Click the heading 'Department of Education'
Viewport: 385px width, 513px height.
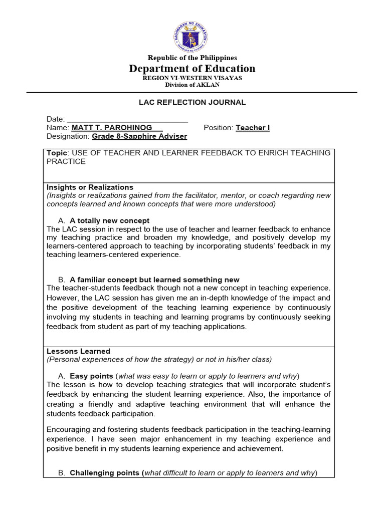coord(192,69)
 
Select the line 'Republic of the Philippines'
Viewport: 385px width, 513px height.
coord(192,58)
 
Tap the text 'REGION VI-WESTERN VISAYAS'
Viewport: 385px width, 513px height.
coord(192,78)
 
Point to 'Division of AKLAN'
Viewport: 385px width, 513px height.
coord(192,85)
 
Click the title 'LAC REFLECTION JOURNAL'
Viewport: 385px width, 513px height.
coord(192,102)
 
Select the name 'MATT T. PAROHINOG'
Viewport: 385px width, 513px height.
coord(112,128)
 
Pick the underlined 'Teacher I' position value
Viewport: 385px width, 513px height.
coord(253,128)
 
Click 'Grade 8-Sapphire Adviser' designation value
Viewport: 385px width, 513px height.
coord(139,136)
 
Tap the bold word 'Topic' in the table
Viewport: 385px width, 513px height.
coord(56,153)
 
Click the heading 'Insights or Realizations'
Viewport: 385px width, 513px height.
coord(90,187)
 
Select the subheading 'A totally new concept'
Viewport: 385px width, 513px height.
coord(109,220)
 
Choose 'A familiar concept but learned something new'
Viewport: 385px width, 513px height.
coord(154,280)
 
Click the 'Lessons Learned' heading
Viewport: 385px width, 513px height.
coord(78,351)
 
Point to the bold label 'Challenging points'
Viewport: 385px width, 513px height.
coord(105,473)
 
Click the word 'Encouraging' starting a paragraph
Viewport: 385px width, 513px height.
coord(68,430)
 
